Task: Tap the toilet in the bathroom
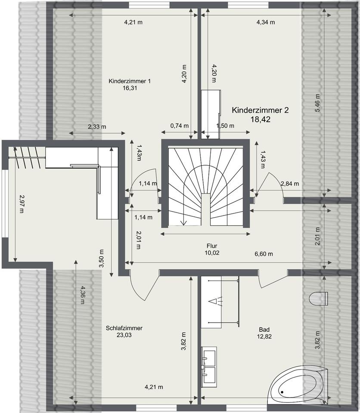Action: point(318,299)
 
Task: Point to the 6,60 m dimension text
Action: point(264,254)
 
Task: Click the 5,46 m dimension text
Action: point(317,103)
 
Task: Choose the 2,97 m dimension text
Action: point(22,203)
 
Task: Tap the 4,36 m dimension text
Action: point(83,295)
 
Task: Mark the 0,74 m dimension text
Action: point(179,126)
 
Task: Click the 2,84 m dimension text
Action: point(289,184)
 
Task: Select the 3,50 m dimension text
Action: point(101,259)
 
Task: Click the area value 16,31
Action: point(130,88)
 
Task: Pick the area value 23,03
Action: point(124,335)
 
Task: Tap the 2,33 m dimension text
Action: point(97,126)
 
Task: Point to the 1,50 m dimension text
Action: point(225,126)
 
